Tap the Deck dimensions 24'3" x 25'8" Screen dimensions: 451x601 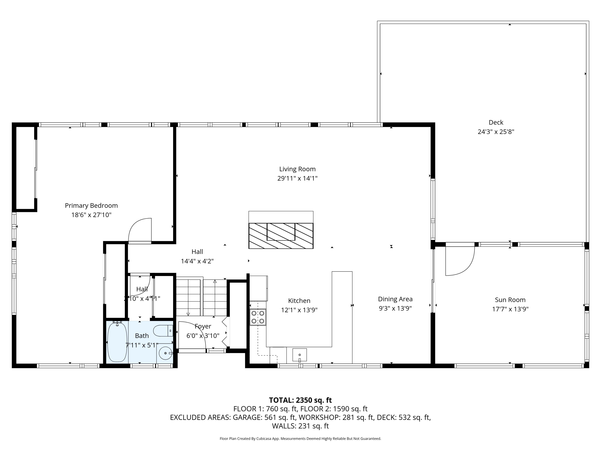coord(496,132)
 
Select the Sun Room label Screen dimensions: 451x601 coord(510,300)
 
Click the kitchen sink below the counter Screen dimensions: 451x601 coord(299,355)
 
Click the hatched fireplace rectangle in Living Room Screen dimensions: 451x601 coord(281,236)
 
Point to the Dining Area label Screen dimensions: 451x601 coord(395,299)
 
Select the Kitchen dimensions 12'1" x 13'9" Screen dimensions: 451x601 coord(299,310)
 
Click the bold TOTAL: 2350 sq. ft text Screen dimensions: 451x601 coord(300,400)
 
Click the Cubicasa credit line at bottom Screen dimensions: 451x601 coord(300,439)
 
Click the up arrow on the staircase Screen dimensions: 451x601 coord(215,281)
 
